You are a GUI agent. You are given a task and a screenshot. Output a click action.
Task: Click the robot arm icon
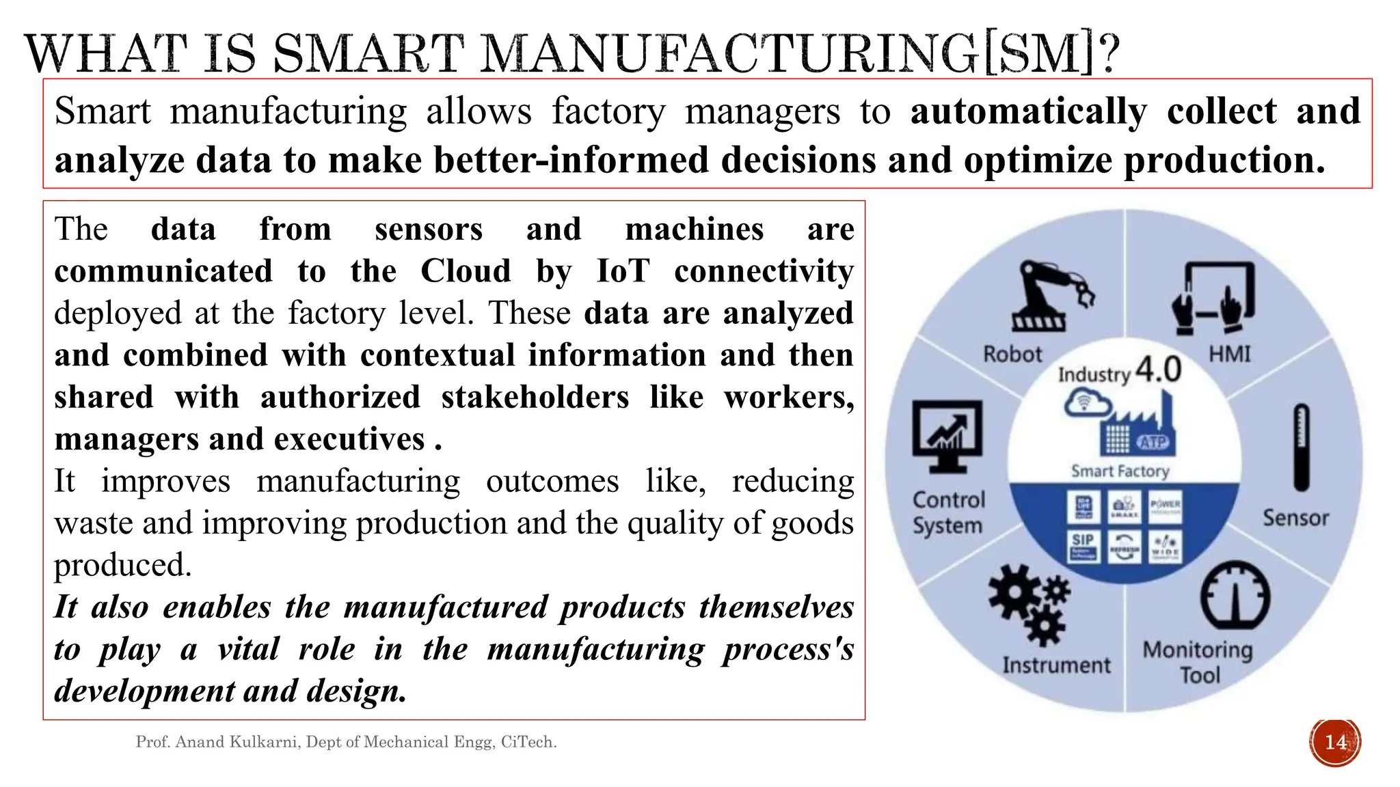(1049, 296)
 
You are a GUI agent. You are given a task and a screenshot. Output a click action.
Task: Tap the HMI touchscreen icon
(1213, 298)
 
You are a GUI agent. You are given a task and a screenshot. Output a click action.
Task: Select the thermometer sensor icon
(1301, 447)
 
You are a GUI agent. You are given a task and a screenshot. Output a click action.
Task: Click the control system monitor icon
(947, 436)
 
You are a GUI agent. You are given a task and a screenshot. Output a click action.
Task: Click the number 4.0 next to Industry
(1158, 370)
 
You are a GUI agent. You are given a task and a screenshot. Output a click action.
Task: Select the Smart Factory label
(1120, 471)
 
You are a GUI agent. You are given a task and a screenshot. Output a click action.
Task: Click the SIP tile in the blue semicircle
(1083, 545)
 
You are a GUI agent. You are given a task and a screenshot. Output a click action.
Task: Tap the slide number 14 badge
(1335, 742)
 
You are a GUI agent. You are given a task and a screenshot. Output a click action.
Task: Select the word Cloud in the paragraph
(466, 271)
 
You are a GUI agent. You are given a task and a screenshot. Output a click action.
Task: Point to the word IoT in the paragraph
(622, 271)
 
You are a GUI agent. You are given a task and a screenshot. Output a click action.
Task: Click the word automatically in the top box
(1028, 111)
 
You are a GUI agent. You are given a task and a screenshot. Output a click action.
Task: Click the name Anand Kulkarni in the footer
(238, 742)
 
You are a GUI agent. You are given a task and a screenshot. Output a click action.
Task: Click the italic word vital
(248, 649)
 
